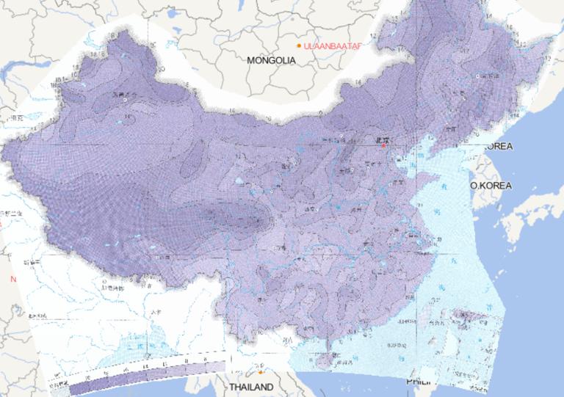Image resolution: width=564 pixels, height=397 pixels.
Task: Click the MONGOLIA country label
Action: tap(271, 60)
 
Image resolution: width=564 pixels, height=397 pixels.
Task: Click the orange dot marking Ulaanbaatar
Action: tap(299, 46)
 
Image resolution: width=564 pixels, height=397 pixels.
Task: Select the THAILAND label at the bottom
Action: tap(251, 387)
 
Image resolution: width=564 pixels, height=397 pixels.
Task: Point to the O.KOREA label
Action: tap(491, 186)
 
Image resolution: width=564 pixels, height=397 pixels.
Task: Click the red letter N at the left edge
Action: tap(12, 280)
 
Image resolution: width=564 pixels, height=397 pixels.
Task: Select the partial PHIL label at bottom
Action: tap(419, 382)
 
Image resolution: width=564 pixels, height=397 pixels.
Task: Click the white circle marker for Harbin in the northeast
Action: tap(479, 76)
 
